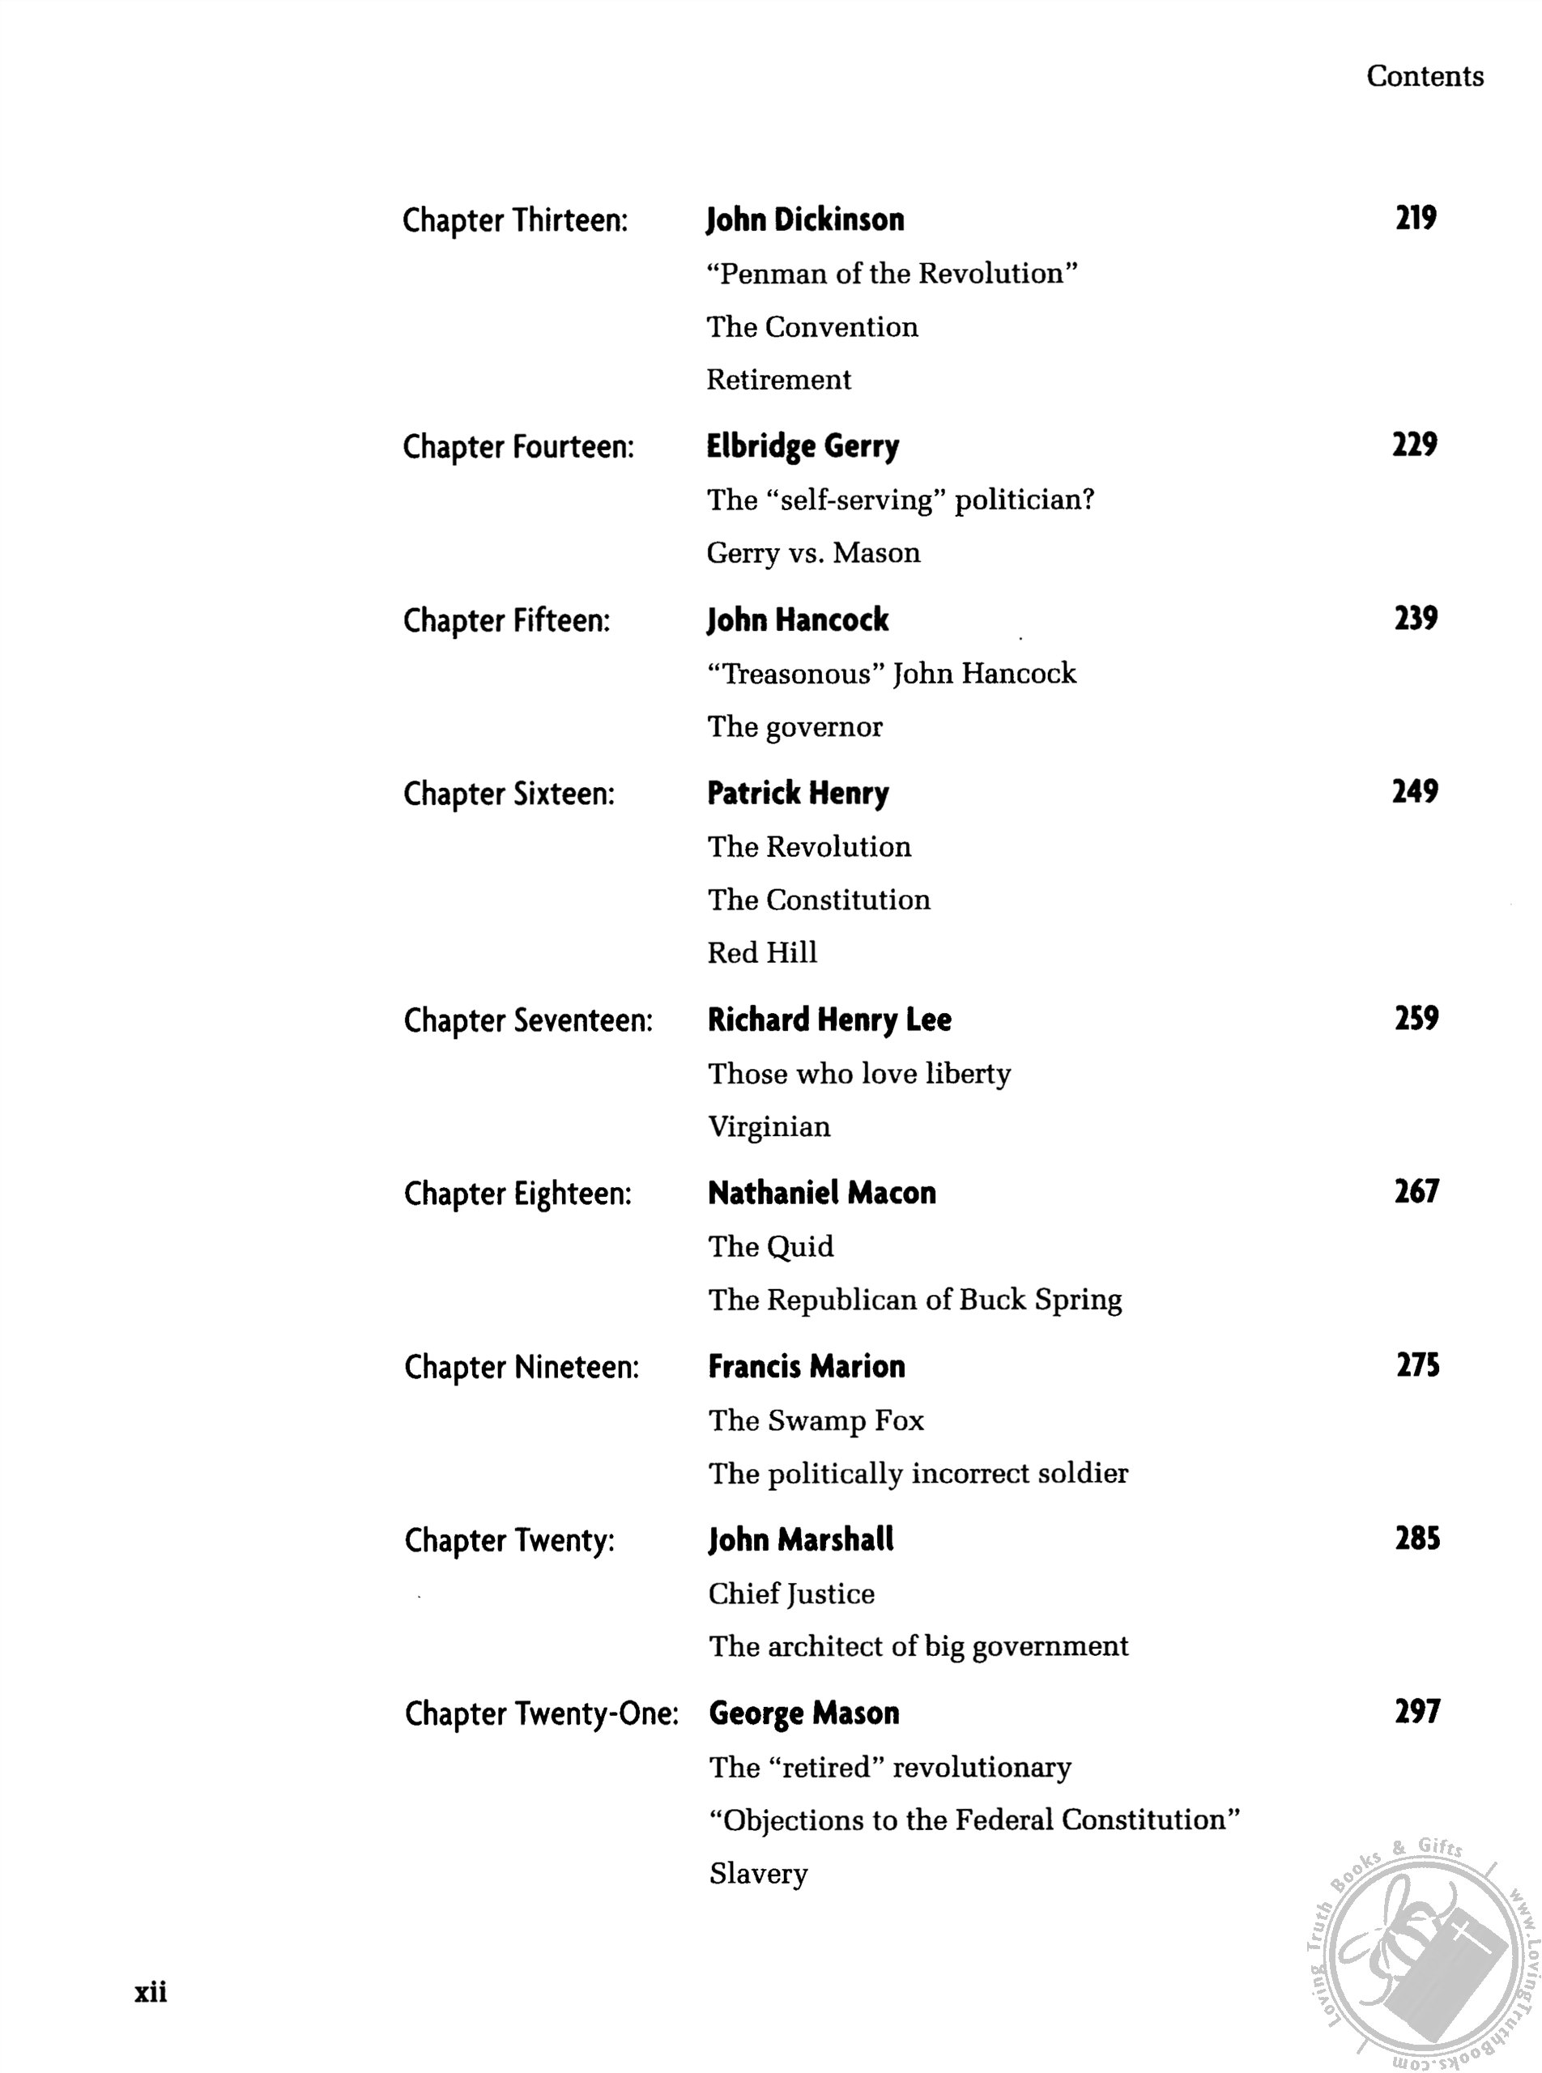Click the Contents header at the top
coord(1425,77)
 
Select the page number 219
coord(1415,218)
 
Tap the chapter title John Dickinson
coord(804,220)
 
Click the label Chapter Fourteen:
coord(518,447)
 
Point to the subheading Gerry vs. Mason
coord(813,552)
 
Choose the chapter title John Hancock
coord(798,619)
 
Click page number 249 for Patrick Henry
coord(1415,791)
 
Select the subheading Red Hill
coord(761,952)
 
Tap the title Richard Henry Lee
coord(829,1019)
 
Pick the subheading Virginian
coord(769,1126)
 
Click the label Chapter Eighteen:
coord(518,1194)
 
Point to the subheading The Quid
coord(770,1246)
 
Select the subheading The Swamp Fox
coord(816,1420)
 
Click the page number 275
coord(1417,1364)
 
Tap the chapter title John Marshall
coord(801,1540)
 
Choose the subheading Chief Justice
coord(791,1594)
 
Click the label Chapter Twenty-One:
coord(541,1713)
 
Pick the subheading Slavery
coord(758,1873)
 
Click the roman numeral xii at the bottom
coord(151,1991)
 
